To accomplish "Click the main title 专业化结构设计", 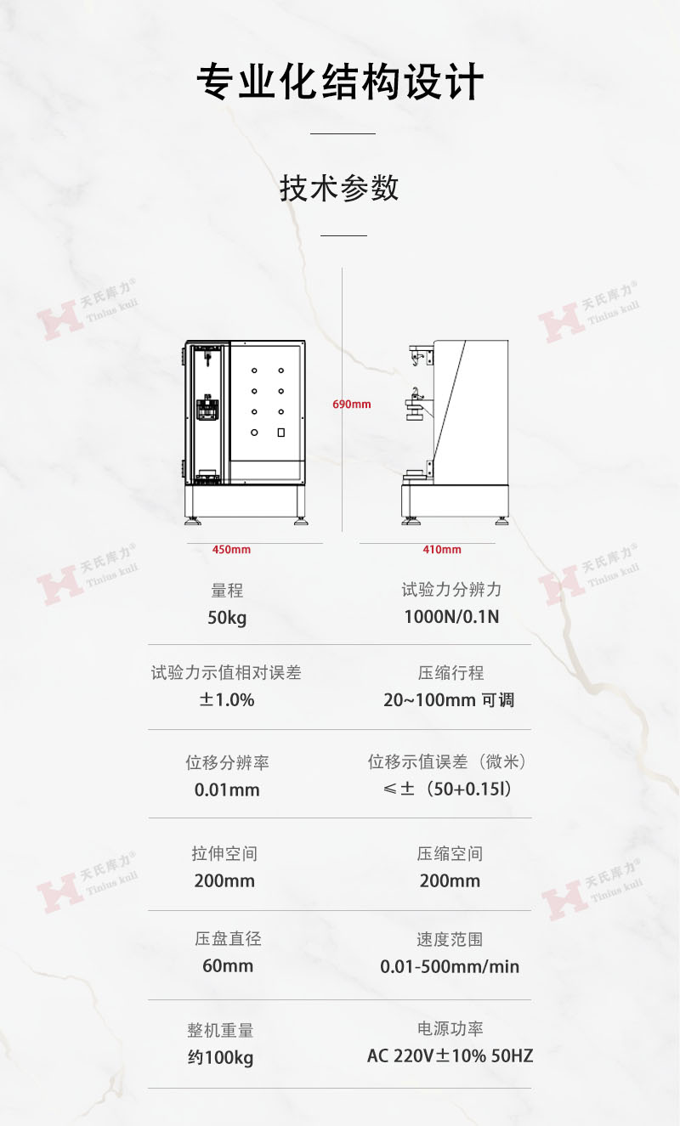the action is (340, 82).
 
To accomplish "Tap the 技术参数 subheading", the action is (339, 189).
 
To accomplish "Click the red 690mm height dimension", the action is (352, 405).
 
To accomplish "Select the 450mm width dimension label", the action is (231, 550).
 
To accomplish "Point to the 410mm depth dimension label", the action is (442, 550).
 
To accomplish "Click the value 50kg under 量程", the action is (227, 618).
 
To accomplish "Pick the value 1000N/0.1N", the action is (451, 617).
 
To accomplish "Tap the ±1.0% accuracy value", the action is (227, 699).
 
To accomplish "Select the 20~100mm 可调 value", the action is (449, 699).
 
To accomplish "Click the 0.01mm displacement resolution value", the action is (227, 789).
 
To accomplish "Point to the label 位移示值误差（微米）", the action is (446, 761).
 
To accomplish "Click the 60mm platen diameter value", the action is (228, 965).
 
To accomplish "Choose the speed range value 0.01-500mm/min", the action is (450, 966).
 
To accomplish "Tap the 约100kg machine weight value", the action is (220, 1057).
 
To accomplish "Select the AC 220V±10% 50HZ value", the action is (450, 1055).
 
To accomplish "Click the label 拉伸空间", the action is (224, 853).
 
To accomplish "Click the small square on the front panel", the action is (281, 433).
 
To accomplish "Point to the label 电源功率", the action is (450, 1028).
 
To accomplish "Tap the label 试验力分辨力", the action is (451, 590).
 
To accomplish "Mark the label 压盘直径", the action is (228, 938).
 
